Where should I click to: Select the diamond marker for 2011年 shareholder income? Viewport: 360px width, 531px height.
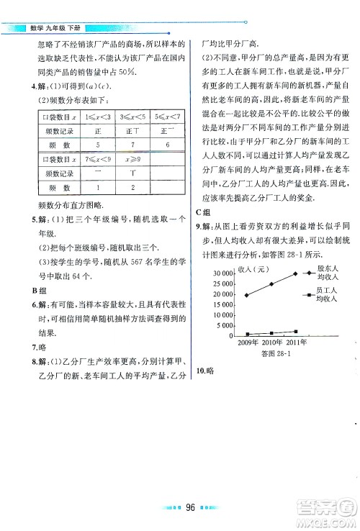coord(295,274)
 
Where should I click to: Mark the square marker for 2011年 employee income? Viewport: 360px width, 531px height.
coord(295,332)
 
